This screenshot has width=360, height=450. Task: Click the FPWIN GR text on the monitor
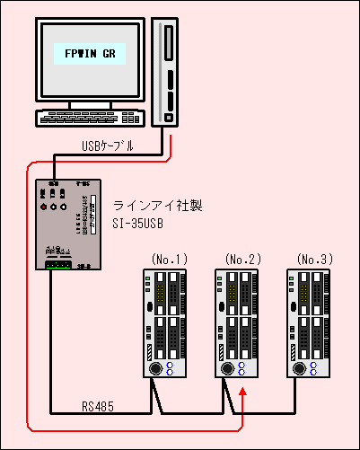pos(87,54)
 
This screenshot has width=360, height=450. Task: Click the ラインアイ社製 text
pos(152,206)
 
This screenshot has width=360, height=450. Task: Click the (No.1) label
pos(170,260)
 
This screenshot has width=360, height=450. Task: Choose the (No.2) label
pos(242,260)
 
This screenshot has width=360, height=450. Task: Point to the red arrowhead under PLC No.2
pos(244,393)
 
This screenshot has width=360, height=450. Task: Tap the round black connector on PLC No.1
pos(155,368)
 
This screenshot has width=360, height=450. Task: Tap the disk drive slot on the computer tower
pos(168,41)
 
